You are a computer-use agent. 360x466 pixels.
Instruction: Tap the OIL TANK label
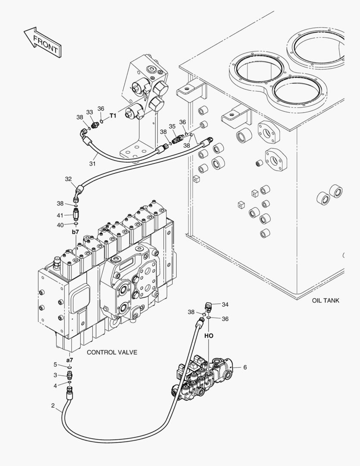(326, 300)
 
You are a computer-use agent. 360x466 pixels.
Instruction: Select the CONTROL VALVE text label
(112, 352)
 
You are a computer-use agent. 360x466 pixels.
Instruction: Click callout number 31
(92, 164)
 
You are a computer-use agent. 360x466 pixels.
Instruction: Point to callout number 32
(68, 179)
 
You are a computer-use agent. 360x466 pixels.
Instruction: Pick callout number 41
(60, 215)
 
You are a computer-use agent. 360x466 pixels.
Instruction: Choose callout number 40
(60, 224)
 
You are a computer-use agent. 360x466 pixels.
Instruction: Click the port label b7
(75, 232)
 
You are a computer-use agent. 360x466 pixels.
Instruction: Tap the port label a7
(69, 359)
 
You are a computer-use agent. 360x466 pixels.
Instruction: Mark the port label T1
(113, 116)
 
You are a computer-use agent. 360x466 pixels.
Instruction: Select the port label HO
(209, 335)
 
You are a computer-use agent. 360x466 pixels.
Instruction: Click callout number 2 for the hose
(53, 405)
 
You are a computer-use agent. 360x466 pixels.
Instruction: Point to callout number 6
(245, 368)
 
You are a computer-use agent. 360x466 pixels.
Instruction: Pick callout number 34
(225, 304)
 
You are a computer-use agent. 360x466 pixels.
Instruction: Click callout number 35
(172, 126)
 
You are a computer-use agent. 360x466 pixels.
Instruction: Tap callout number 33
(90, 112)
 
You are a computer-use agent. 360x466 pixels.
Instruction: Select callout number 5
(55, 365)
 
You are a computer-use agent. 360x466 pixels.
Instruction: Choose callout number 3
(55, 375)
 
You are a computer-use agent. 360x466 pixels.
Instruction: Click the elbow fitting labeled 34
(209, 307)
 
